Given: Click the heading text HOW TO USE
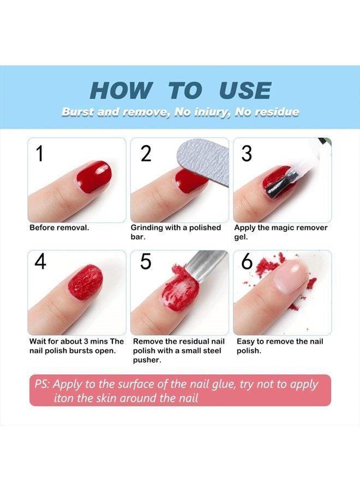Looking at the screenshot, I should [180, 90].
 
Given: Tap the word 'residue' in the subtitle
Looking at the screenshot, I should [277, 112].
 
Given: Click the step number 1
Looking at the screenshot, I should [39, 154].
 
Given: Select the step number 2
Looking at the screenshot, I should [146, 154].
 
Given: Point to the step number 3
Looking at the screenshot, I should [247, 154].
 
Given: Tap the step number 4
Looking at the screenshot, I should [40, 262].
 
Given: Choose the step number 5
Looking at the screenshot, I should [146, 262].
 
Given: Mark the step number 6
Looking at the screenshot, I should [247, 262].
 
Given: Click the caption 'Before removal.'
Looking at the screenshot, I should [59, 227].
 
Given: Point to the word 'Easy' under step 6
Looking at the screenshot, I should [245, 342].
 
